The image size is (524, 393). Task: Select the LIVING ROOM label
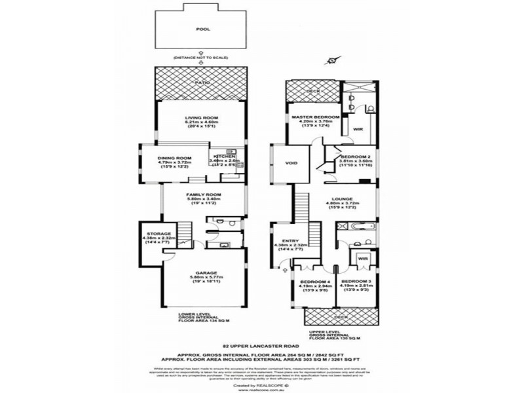(x=201, y=118)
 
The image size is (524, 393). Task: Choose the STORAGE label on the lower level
(x=159, y=233)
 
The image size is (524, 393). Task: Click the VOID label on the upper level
(x=291, y=163)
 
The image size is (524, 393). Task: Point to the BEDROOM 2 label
(x=354, y=158)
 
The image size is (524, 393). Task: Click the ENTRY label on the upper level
(x=290, y=240)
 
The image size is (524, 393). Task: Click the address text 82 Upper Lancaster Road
(x=261, y=343)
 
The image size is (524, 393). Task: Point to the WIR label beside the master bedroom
(x=358, y=130)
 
